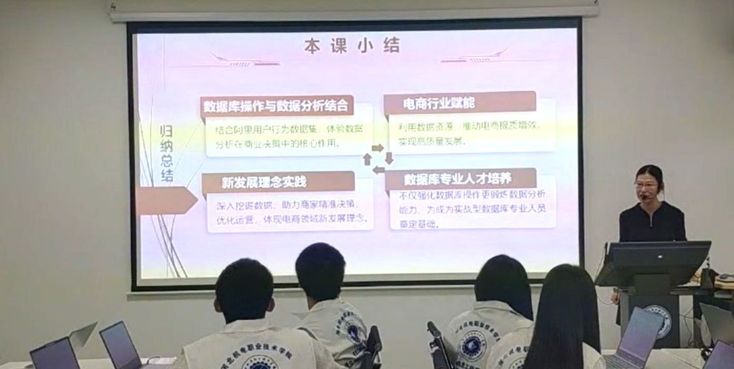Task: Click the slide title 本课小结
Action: [352, 46]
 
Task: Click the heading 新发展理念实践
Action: [264, 182]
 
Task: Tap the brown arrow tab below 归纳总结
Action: [166, 201]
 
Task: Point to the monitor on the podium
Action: [654, 262]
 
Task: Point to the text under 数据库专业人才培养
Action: [469, 208]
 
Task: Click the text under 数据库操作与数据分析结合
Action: [286, 136]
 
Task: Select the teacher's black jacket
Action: [652, 222]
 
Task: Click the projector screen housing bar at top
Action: [354, 10]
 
